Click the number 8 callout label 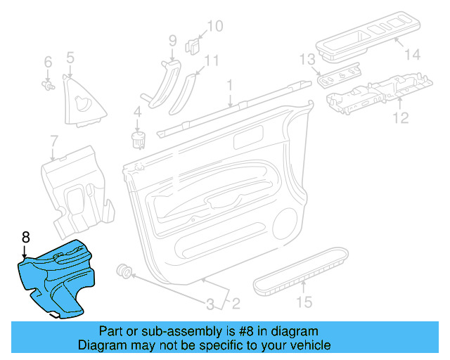coord(25,236)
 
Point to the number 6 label coord(48,62)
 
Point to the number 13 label coord(307,58)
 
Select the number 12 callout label coord(399,118)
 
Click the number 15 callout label coord(303,303)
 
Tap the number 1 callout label coord(229,86)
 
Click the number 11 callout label coord(212,60)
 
